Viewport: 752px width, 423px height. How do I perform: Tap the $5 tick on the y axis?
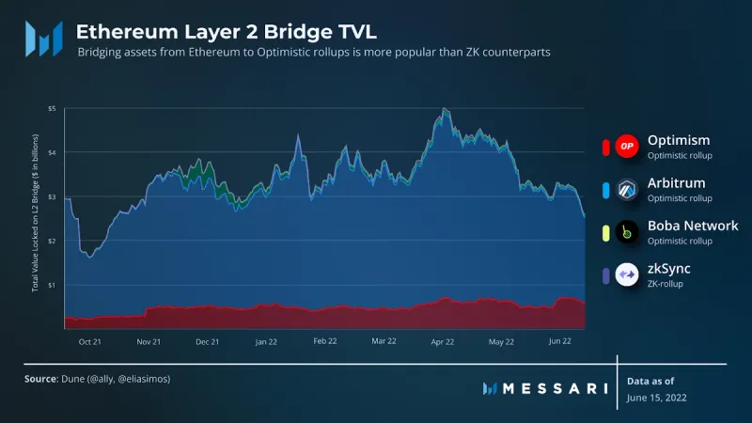click(53, 109)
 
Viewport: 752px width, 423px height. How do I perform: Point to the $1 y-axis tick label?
click(53, 284)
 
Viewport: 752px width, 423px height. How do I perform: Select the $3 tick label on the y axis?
click(53, 196)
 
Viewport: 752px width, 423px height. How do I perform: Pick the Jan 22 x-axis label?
click(267, 341)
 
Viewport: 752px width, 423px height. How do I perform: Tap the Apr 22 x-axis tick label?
click(442, 341)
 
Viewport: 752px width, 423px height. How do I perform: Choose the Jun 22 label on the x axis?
click(559, 341)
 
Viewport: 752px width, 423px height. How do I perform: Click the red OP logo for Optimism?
click(627, 146)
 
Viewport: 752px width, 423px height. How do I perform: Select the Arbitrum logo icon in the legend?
click(627, 189)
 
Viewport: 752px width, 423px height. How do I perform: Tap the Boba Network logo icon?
click(627, 232)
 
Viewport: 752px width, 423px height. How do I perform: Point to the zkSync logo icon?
click(627, 275)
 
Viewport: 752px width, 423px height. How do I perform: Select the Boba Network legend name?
click(693, 226)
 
